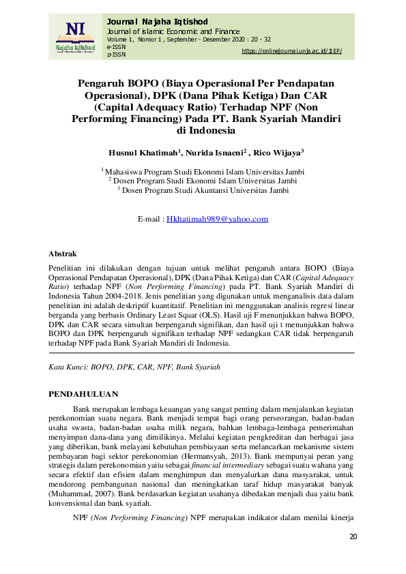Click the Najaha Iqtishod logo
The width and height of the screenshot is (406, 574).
pos(70,37)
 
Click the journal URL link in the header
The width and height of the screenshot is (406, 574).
pos(291,51)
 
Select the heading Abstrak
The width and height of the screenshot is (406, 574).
pos(63,254)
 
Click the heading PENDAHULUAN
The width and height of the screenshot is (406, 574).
pos(84,394)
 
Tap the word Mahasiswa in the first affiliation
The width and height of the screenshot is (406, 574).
pos(128,172)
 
